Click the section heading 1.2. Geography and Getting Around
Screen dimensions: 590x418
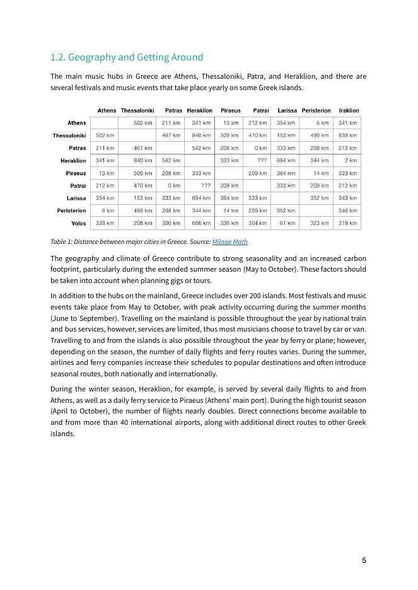pyautogui.click(x=127, y=57)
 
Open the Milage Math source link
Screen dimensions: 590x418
pyautogui.click(x=229, y=241)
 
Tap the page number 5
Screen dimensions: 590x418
pyautogui.click(x=364, y=560)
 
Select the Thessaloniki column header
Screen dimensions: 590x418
pyautogui.click(x=137, y=111)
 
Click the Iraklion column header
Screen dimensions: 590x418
pyautogui.click(x=349, y=111)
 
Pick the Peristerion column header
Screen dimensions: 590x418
pyautogui.click(x=316, y=111)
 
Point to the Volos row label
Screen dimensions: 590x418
pyautogui.click(x=78, y=223)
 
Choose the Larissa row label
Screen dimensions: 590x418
pyautogui.click(x=76, y=198)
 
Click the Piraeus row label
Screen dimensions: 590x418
pyautogui.click(x=76, y=173)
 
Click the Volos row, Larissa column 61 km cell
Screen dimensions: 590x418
pyautogui.click(x=287, y=223)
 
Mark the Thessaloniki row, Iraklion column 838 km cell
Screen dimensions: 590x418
pyautogui.click(x=349, y=136)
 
